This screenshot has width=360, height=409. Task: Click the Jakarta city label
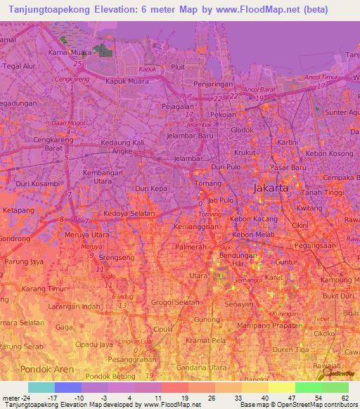[271, 188]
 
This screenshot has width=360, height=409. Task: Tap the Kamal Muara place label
[70, 52]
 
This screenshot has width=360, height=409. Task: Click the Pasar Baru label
[289, 167]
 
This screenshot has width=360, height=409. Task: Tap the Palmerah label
[192, 247]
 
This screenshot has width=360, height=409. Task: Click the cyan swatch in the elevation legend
[41, 387]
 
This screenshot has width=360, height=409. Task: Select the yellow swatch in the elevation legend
[281, 387]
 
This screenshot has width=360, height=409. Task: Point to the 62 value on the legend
[344, 398]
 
